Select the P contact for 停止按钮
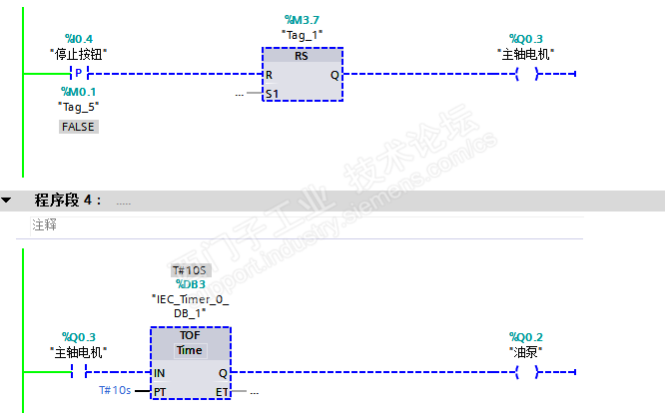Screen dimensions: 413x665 pyautogui.click(x=78, y=74)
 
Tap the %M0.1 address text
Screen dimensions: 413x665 pyautogui.click(x=78, y=92)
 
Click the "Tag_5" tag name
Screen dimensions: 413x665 pyautogui.click(x=78, y=107)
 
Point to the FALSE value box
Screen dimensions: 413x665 pyautogui.click(x=78, y=127)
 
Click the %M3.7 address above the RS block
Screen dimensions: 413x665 pyautogui.click(x=303, y=19)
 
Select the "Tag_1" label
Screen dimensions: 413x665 pyautogui.click(x=303, y=34)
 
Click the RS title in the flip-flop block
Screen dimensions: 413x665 pyautogui.click(x=303, y=57)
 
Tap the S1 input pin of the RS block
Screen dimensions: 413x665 pyautogui.click(x=272, y=93)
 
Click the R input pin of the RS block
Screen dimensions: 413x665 pyautogui.click(x=269, y=75)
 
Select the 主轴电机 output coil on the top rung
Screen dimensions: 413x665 pyautogui.click(x=525, y=74)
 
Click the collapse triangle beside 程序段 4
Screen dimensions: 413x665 pyautogui.click(x=7, y=201)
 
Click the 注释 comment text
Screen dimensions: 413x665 pyautogui.click(x=44, y=225)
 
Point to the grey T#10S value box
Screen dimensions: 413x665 pyautogui.click(x=190, y=270)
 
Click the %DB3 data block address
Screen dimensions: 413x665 pyautogui.click(x=190, y=284)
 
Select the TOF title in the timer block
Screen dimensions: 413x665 pyautogui.click(x=190, y=335)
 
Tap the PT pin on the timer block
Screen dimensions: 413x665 pyautogui.click(x=160, y=392)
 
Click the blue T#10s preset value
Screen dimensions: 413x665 pyautogui.click(x=115, y=390)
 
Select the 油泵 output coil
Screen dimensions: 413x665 pyautogui.click(x=525, y=372)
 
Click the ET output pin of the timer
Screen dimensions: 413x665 pyautogui.click(x=222, y=392)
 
